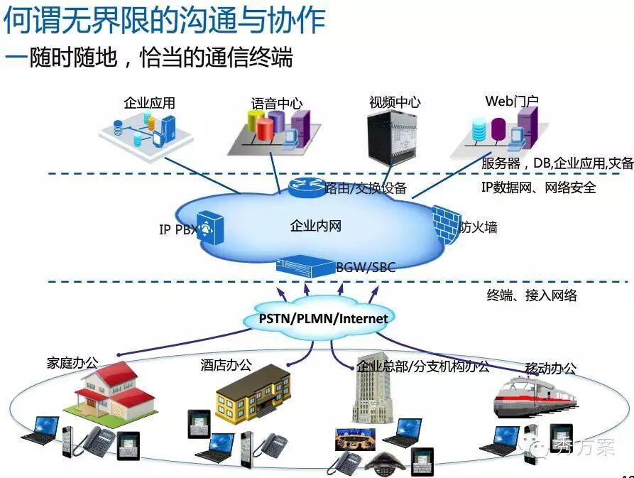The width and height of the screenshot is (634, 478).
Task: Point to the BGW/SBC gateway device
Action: (305, 266)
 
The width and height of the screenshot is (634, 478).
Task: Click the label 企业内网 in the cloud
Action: (316, 227)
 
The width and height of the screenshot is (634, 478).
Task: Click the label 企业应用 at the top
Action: (149, 103)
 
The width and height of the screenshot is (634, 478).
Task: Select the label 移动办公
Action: (550, 369)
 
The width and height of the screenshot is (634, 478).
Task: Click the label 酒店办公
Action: (226, 365)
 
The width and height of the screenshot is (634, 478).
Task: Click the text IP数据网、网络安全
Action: (538, 188)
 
